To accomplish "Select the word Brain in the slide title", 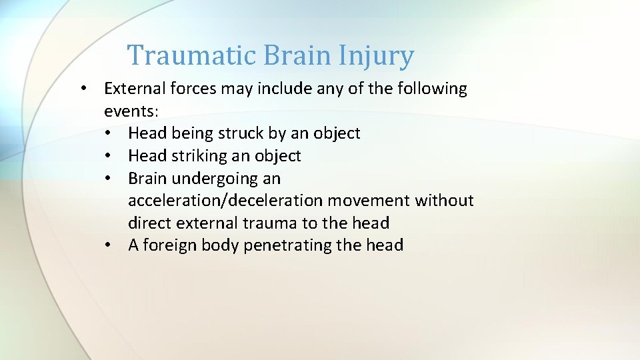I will pyautogui.click(x=297, y=55).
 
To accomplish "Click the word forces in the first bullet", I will pyautogui.click(x=199, y=89).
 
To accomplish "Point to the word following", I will pyautogui.click(x=427, y=89).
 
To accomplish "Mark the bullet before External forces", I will pyautogui.click(x=84, y=89).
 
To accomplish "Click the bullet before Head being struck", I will pyautogui.click(x=108, y=133).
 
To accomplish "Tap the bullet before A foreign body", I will pyautogui.click(x=108, y=245).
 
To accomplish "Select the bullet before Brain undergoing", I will pyautogui.click(x=108, y=179).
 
